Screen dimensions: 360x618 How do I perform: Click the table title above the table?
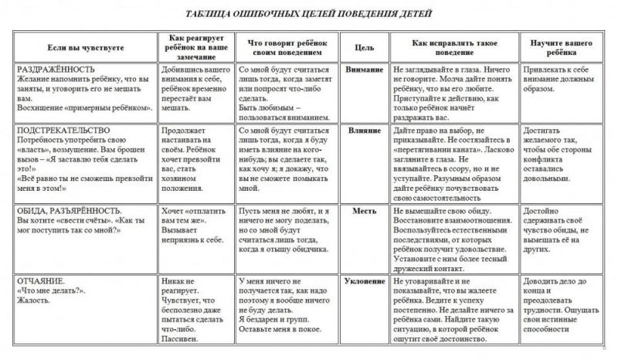point(309,15)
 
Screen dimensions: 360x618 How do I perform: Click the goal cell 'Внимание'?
point(365,70)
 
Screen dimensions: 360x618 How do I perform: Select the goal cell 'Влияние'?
point(365,131)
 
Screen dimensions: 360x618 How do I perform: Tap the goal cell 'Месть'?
point(365,210)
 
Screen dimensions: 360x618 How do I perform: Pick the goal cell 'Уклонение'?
point(365,281)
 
